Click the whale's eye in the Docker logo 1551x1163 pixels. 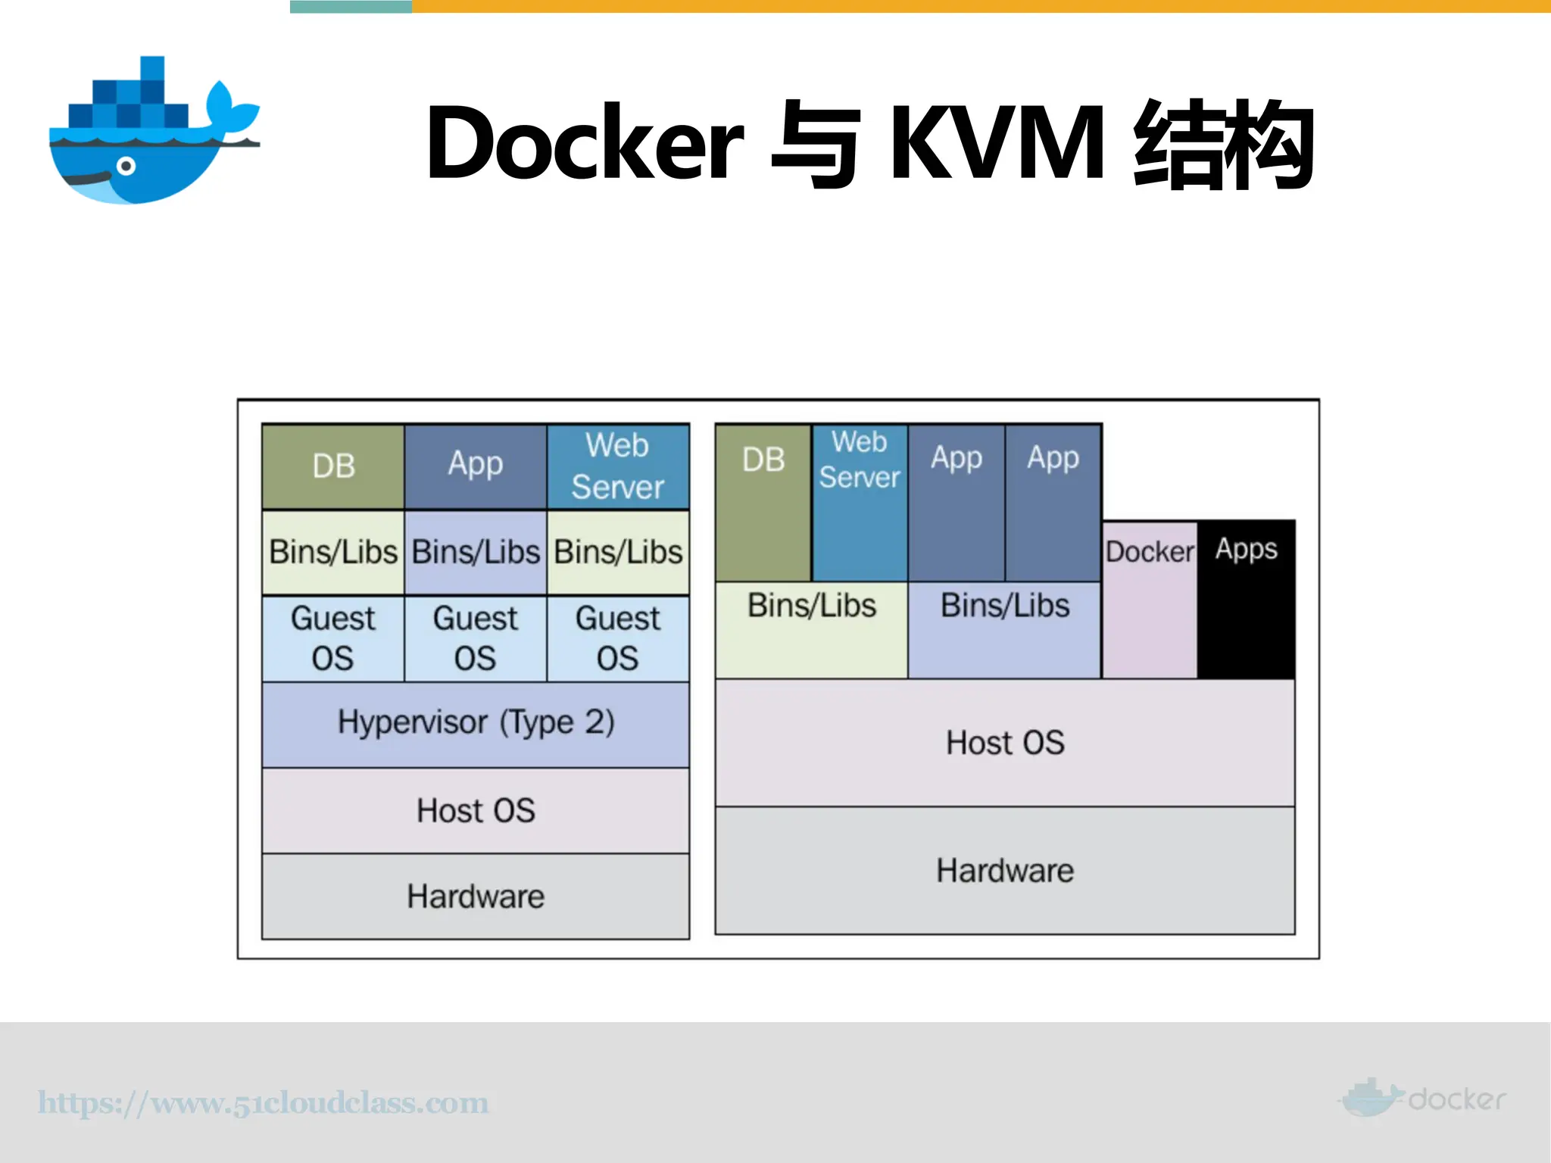126,167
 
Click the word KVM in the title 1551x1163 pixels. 997,143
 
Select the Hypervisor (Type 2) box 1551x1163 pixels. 476,724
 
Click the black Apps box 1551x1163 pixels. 1246,598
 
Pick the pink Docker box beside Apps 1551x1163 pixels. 1150,598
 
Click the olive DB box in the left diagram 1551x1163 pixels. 333,466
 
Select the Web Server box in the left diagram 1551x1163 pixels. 618,466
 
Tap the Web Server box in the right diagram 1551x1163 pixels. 860,500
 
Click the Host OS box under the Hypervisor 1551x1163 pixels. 476,811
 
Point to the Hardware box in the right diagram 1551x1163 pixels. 1005,871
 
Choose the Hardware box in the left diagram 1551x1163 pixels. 476,896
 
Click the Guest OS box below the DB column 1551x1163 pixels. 333,638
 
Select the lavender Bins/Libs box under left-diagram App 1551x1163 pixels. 476,552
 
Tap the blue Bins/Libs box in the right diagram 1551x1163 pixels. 1005,628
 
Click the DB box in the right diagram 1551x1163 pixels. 763,500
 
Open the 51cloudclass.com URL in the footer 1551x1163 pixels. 264,1102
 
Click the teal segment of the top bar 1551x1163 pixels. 351,6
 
